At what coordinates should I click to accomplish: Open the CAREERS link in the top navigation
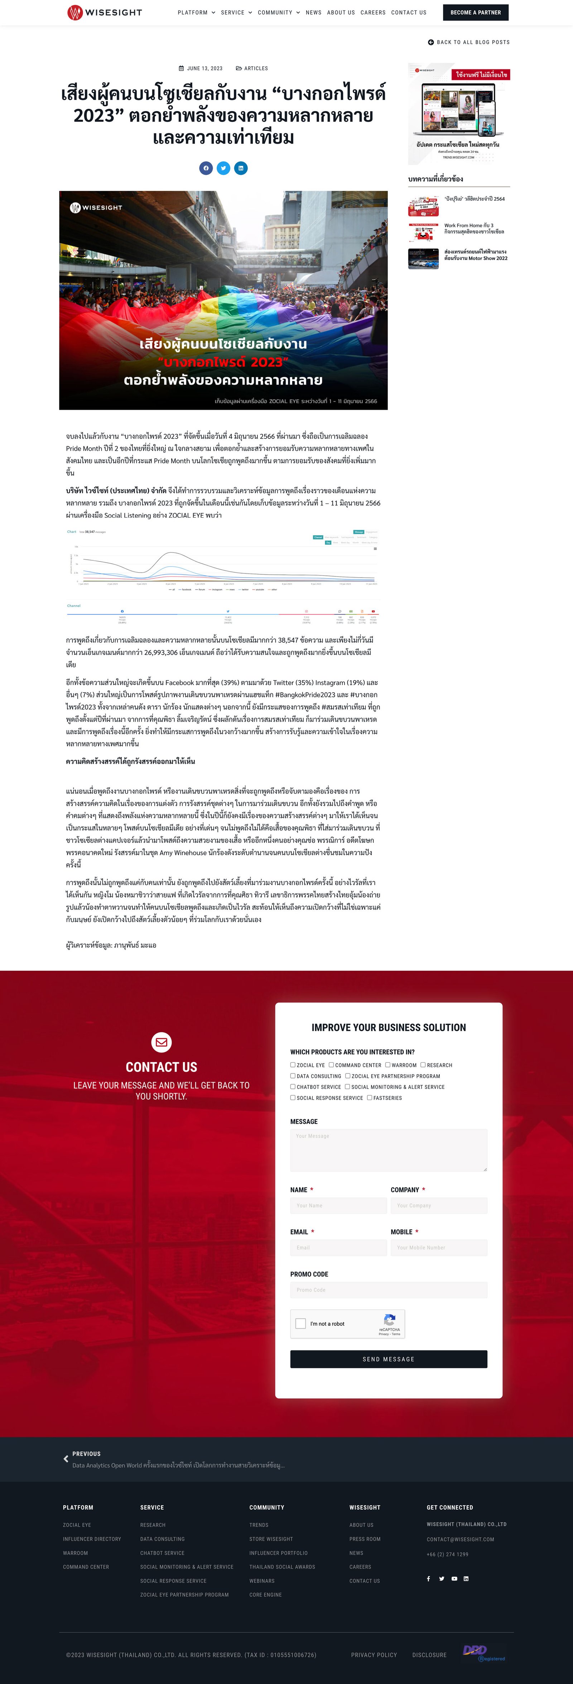(372, 13)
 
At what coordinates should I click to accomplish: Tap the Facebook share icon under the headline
(206, 168)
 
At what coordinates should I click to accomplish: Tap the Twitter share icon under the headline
(223, 168)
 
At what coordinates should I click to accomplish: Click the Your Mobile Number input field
(438, 1247)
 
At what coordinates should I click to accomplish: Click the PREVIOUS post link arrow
(66, 1459)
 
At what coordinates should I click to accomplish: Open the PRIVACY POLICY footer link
(374, 1655)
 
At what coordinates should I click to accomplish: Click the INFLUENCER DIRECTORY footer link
(91, 1539)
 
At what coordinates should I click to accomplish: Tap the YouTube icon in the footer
(454, 1579)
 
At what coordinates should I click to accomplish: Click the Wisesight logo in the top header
(105, 13)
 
